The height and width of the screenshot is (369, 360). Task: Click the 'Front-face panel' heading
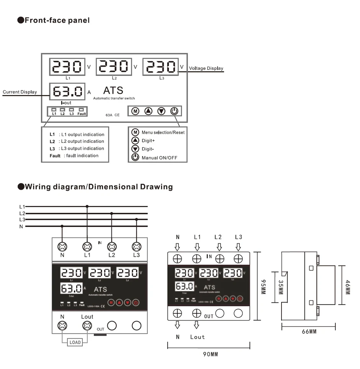point(57,20)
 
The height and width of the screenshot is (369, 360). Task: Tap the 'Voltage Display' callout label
point(206,69)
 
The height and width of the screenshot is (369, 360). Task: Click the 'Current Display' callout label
point(20,92)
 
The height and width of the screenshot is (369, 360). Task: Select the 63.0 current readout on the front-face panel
point(67,91)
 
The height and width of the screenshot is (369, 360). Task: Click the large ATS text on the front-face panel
point(113,90)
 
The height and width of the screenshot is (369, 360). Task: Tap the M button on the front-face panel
point(135,111)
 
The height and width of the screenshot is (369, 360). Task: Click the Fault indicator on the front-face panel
point(82,111)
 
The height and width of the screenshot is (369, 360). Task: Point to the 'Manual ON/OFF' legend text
point(159,158)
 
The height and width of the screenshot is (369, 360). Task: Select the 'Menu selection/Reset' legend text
point(163,132)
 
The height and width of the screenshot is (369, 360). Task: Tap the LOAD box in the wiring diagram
point(75,342)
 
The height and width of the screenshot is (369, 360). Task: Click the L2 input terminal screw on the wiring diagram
point(111,246)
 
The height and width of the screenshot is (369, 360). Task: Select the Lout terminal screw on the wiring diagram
point(87,326)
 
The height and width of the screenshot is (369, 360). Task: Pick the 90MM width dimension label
point(210,354)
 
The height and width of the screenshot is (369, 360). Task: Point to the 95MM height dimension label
point(263,285)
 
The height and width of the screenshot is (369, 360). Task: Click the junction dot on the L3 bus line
point(136,219)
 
